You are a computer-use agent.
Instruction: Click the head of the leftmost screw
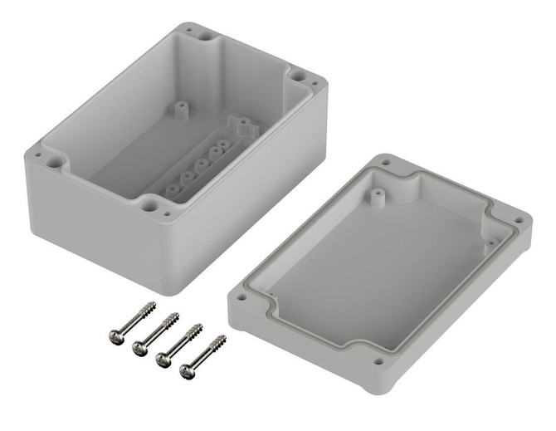coord(116,335)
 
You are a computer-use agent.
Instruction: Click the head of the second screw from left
coord(140,347)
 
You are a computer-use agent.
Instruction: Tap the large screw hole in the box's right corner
coord(297,75)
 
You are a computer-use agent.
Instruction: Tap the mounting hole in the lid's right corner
coord(520,219)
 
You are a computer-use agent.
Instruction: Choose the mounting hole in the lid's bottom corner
coord(378,361)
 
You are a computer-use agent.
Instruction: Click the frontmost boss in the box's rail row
coord(171,189)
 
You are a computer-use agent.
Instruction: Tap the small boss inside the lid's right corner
coord(491,242)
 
